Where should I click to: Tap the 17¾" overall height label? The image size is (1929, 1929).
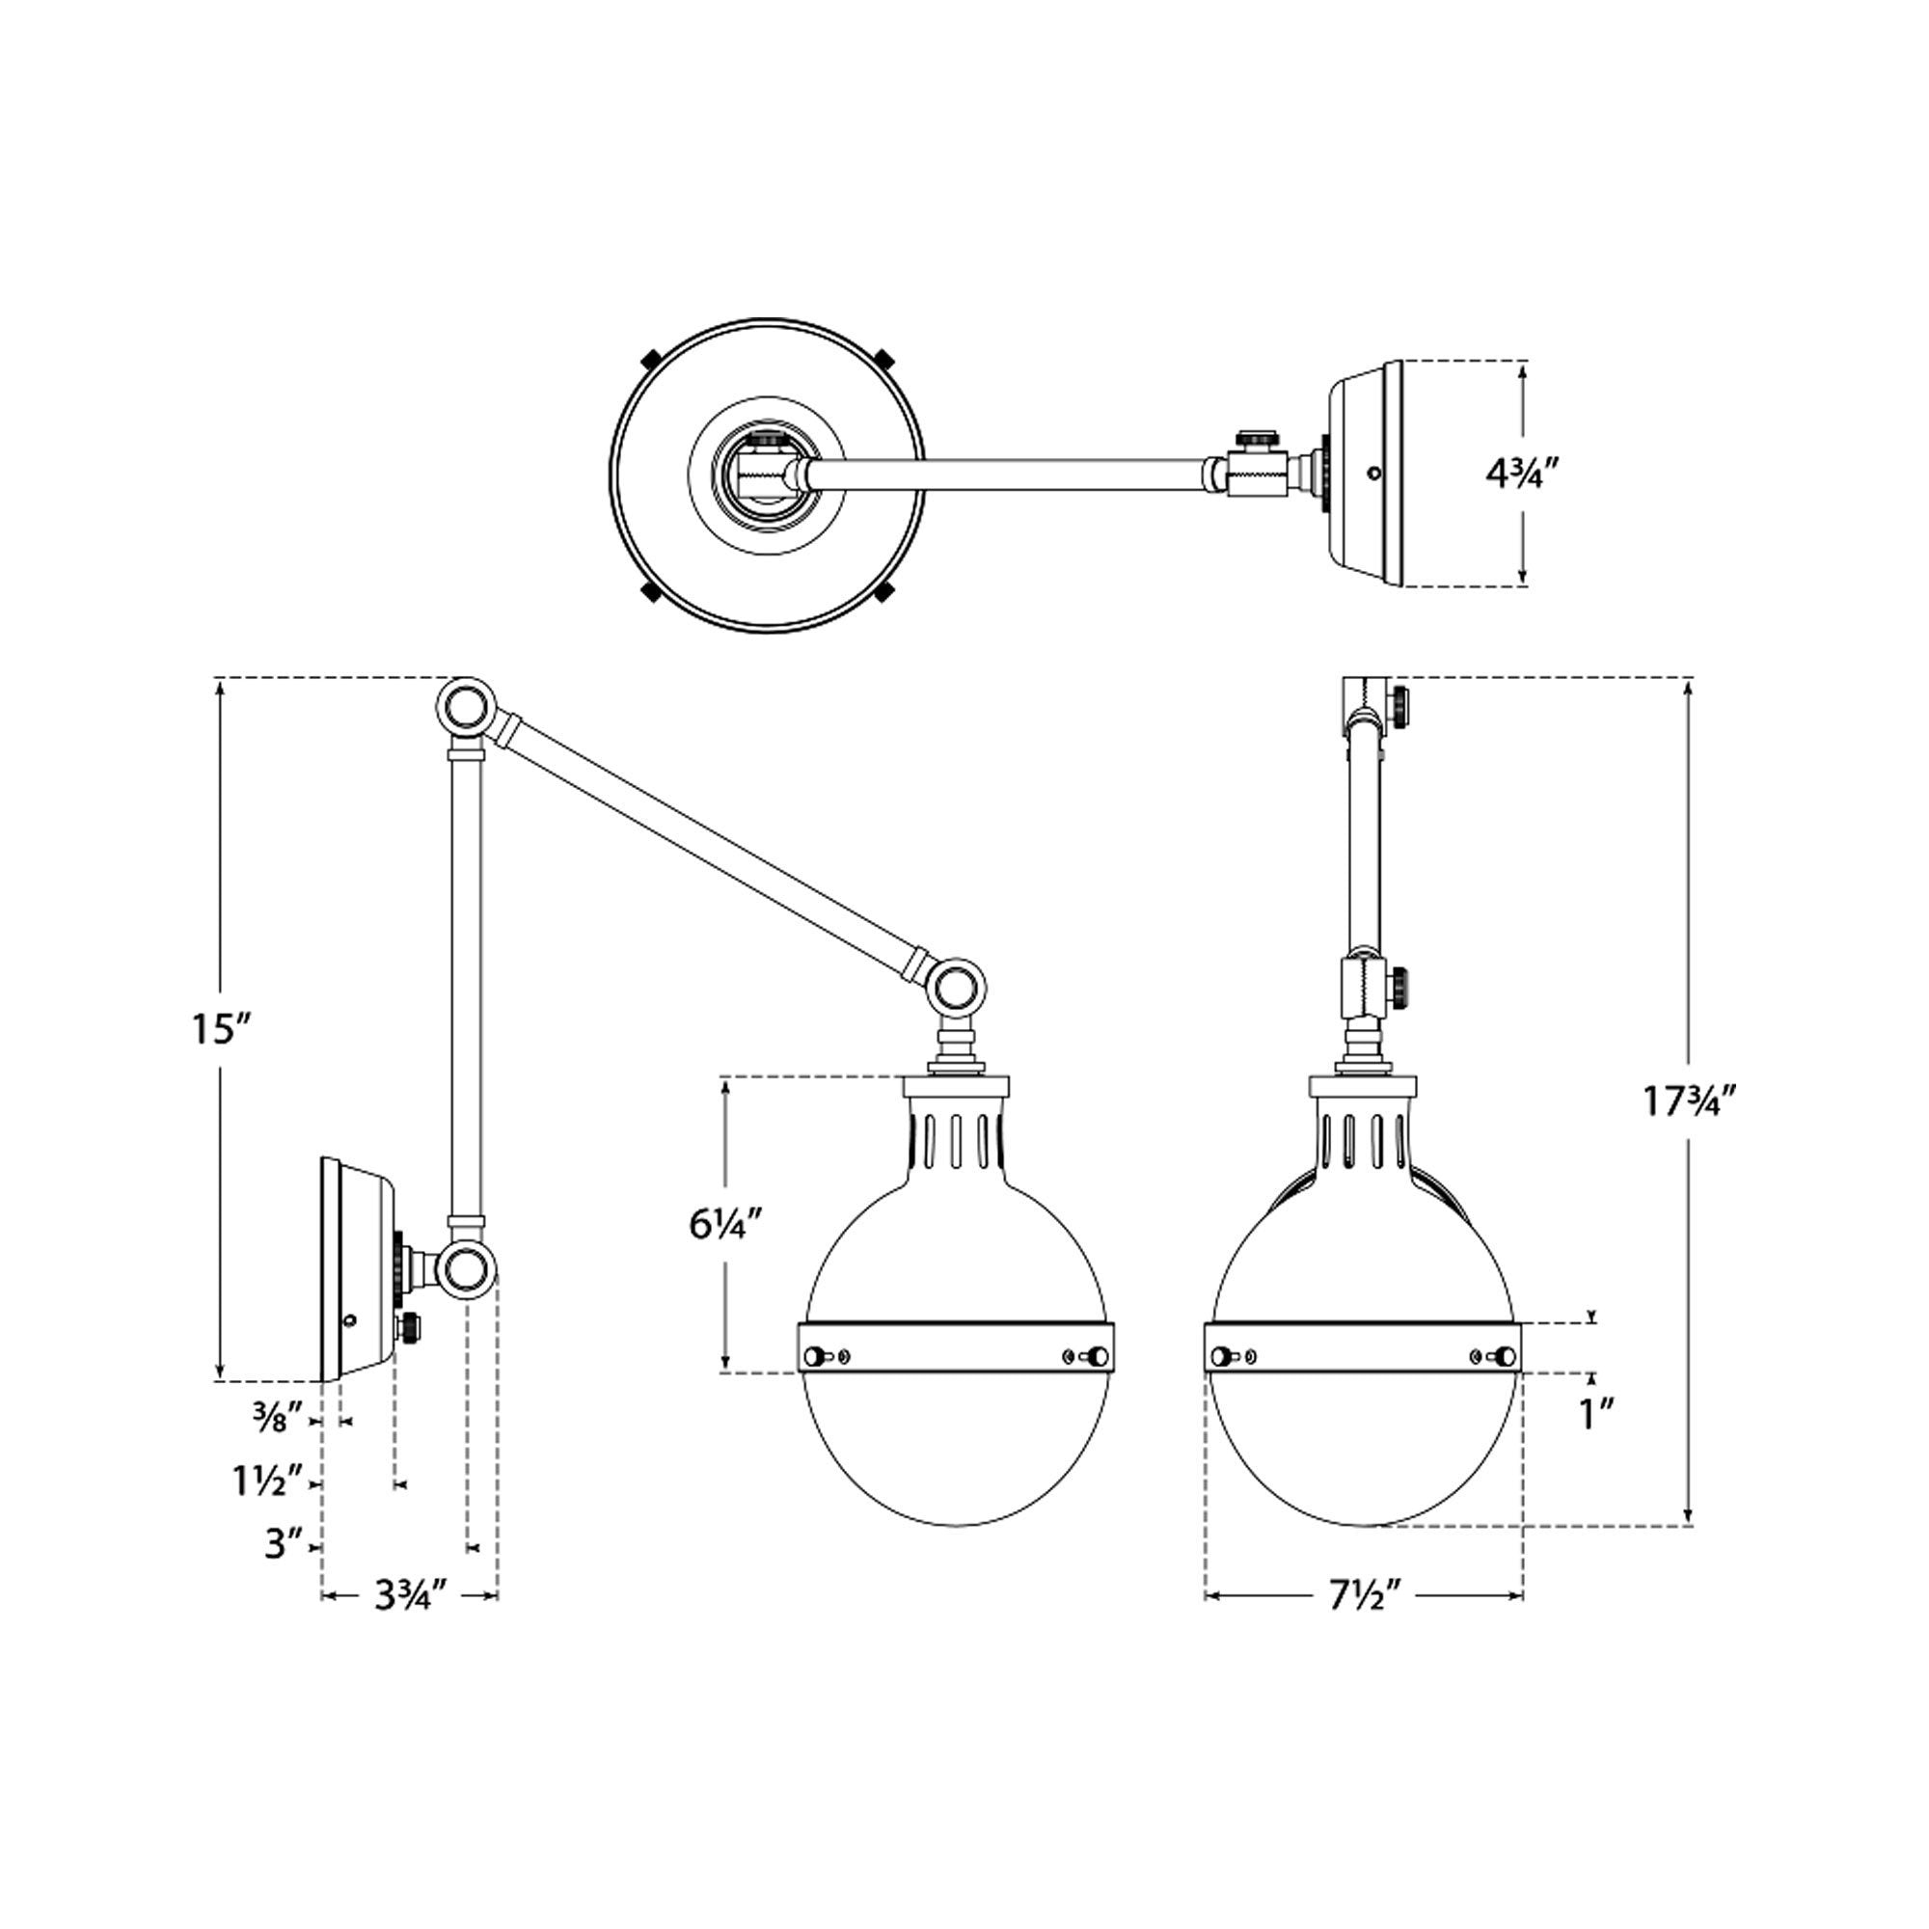coord(1693,1100)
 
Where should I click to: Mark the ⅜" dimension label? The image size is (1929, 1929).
coord(285,1418)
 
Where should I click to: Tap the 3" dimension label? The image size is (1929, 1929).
coord(284,1544)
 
